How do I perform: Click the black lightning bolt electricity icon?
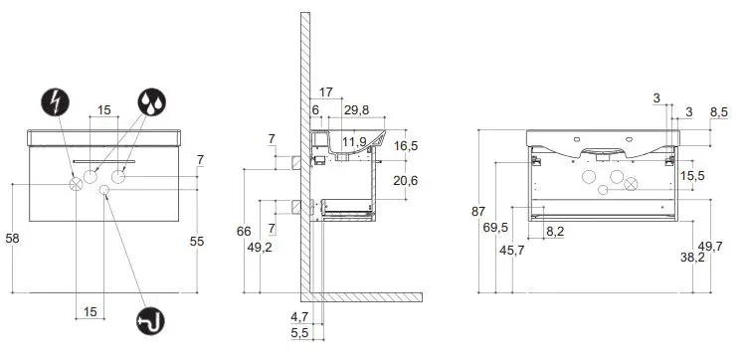(x=54, y=100)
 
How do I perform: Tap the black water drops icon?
(x=153, y=100)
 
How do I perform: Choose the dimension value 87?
(x=479, y=212)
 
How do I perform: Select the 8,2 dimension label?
(x=556, y=231)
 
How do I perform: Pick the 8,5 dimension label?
(x=718, y=112)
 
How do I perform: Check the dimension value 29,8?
(x=356, y=110)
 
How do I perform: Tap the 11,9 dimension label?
(x=354, y=142)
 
